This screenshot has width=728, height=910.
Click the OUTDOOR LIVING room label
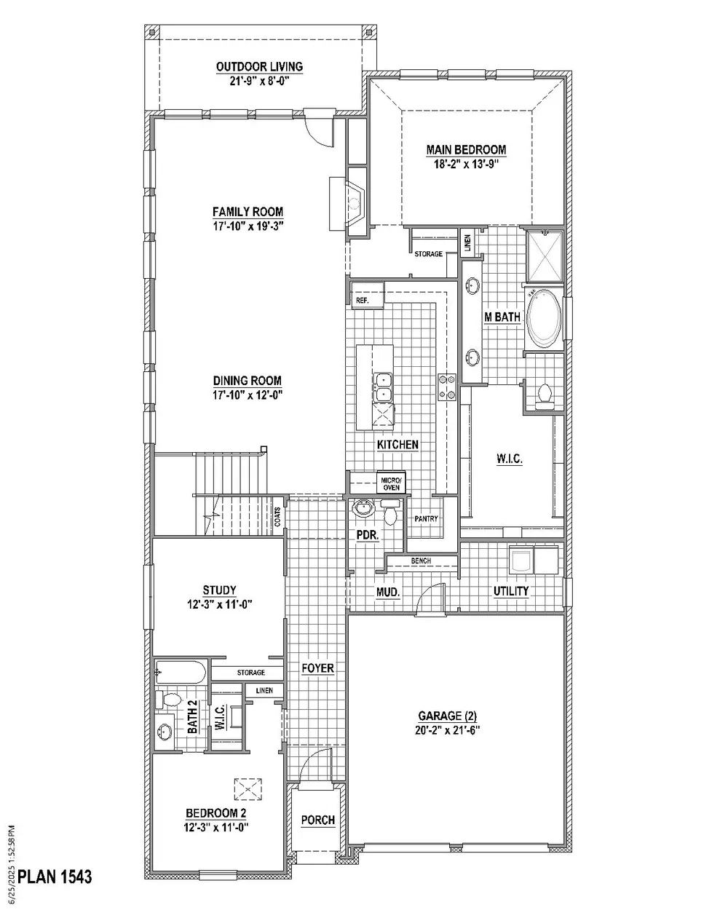pyautogui.click(x=259, y=66)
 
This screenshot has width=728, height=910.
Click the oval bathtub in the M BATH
pyautogui.click(x=544, y=318)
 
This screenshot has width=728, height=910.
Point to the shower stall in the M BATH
pyautogui.click(x=545, y=256)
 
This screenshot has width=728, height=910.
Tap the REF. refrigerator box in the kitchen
pyautogui.click(x=368, y=295)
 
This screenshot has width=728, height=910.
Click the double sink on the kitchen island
pyautogui.click(x=383, y=387)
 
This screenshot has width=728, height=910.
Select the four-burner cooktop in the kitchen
pyautogui.click(x=447, y=387)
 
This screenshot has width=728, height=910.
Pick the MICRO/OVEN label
pyautogui.click(x=391, y=484)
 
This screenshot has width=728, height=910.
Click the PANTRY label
pyautogui.click(x=426, y=518)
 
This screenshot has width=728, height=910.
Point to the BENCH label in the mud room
pyautogui.click(x=421, y=561)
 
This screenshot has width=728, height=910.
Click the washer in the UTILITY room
pyautogui.click(x=521, y=560)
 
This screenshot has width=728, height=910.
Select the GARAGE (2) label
pyautogui.click(x=447, y=716)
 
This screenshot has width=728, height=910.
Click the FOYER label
pyautogui.click(x=317, y=668)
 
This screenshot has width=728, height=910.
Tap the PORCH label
pyautogui.click(x=317, y=820)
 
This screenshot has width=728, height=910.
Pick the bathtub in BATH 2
pyautogui.click(x=181, y=672)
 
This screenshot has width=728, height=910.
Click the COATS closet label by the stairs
pyautogui.click(x=277, y=516)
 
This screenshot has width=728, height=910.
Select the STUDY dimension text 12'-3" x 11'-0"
pyautogui.click(x=220, y=604)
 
